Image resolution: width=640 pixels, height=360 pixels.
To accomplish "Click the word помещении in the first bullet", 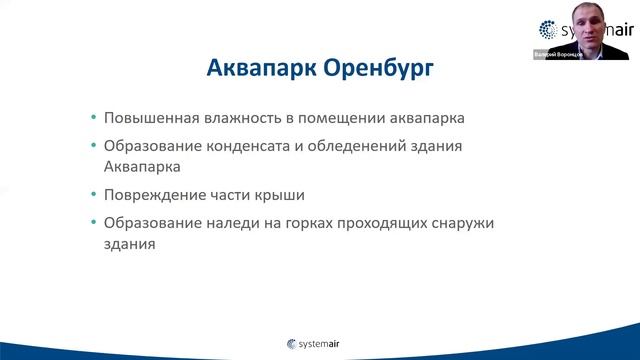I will (331, 118).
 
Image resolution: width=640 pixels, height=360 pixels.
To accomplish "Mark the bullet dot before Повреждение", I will (93, 193).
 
